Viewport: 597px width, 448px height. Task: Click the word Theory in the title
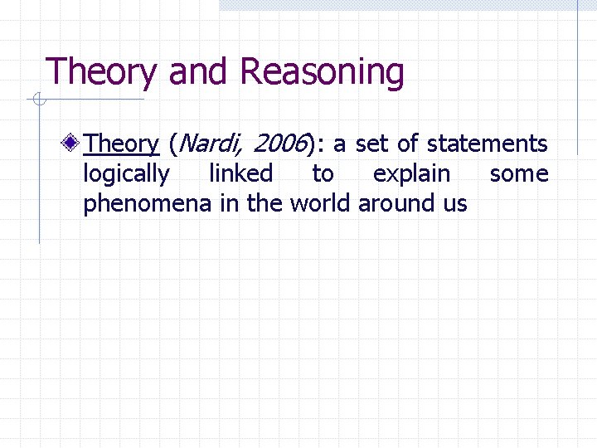(x=100, y=73)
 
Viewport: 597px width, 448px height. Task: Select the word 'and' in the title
(x=198, y=73)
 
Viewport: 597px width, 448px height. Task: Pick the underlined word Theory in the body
(x=121, y=144)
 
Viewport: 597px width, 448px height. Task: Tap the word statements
(x=487, y=144)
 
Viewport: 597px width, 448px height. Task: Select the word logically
(x=126, y=175)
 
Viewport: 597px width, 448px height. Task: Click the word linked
(x=240, y=174)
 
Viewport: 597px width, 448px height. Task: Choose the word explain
(x=412, y=175)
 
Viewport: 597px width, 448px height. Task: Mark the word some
(x=519, y=174)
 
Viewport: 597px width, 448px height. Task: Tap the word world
(x=320, y=203)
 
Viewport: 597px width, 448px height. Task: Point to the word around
(x=395, y=203)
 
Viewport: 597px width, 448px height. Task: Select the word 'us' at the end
(x=454, y=204)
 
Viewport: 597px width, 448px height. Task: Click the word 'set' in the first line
(x=371, y=144)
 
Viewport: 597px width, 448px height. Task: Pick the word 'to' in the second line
(x=323, y=174)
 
